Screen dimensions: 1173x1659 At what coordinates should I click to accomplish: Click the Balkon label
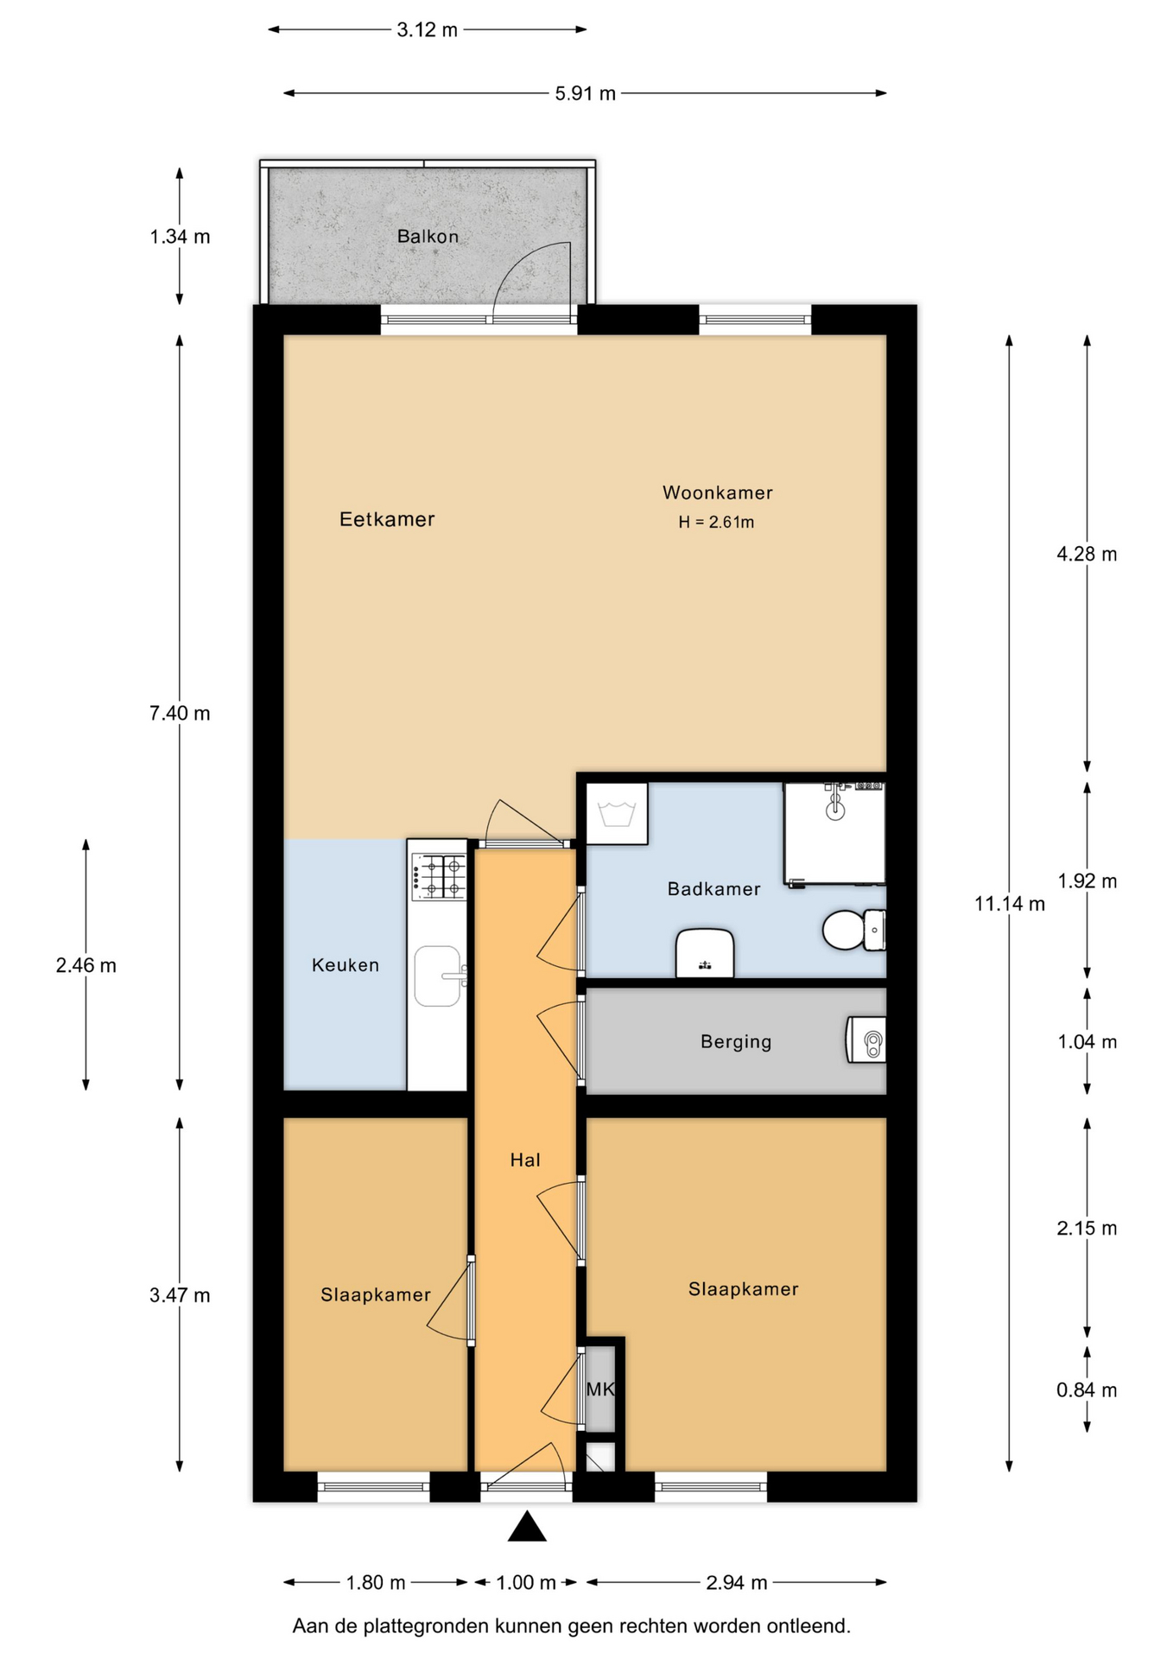point(428,236)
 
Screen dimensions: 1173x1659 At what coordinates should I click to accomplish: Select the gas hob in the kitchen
point(439,876)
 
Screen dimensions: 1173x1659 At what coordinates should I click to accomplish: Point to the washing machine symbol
point(617,814)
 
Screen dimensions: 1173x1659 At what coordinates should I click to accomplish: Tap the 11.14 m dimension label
point(1010,904)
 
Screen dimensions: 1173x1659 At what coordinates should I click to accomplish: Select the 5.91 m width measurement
point(586,93)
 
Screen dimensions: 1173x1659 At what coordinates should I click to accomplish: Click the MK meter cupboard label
point(600,1389)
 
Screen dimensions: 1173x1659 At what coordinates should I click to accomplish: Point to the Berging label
point(736,1041)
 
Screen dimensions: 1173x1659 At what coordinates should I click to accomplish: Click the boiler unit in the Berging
point(865,1039)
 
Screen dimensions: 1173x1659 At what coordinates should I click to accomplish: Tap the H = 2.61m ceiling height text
point(716,522)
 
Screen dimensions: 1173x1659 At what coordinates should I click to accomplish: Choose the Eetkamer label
point(387,519)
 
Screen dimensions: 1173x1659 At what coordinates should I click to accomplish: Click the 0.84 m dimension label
point(1087,1390)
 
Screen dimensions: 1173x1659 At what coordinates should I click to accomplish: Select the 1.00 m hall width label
point(526,1582)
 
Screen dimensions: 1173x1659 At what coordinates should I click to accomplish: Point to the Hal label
point(525,1160)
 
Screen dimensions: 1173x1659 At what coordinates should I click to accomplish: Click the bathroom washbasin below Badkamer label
point(705,953)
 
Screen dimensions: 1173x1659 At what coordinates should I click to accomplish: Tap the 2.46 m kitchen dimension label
point(86,965)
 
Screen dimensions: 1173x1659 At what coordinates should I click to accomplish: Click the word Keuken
point(346,965)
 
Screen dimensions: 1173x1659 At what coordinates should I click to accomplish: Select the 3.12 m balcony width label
point(427,30)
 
